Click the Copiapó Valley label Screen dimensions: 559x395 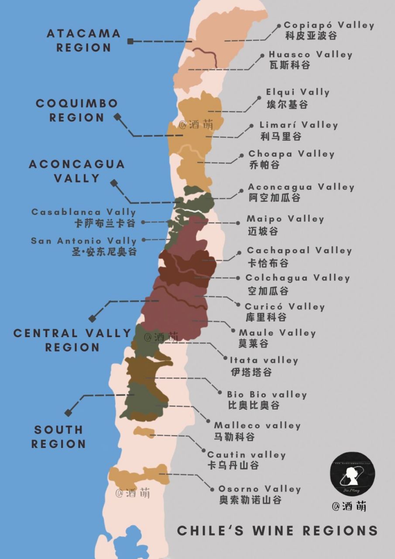[x=329, y=25]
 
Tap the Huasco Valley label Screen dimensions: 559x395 [x=310, y=55]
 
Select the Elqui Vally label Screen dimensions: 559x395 [x=298, y=93]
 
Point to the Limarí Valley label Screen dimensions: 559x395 [x=299, y=125]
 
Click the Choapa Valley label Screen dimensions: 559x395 [x=291, y=154]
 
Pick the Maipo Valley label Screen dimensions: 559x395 [x=285, y=219]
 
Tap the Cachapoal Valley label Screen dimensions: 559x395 [x=299, y=251]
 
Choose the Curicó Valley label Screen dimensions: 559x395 [x=285, y=307]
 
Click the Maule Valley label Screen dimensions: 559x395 [x=277, y=333]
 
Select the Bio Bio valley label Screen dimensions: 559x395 [x=267, y=394]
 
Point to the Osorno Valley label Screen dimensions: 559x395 [x=260, y=489]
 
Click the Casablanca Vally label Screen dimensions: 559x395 [x=84, y=212]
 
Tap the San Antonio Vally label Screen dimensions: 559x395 [x=84, y=241]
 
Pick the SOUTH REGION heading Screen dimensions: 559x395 [x=58, y=437]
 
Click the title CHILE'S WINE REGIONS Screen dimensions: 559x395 [x=277, y=531]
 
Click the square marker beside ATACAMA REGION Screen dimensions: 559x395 [x=130, y=41]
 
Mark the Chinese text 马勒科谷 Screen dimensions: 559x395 [x=234, y=436]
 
